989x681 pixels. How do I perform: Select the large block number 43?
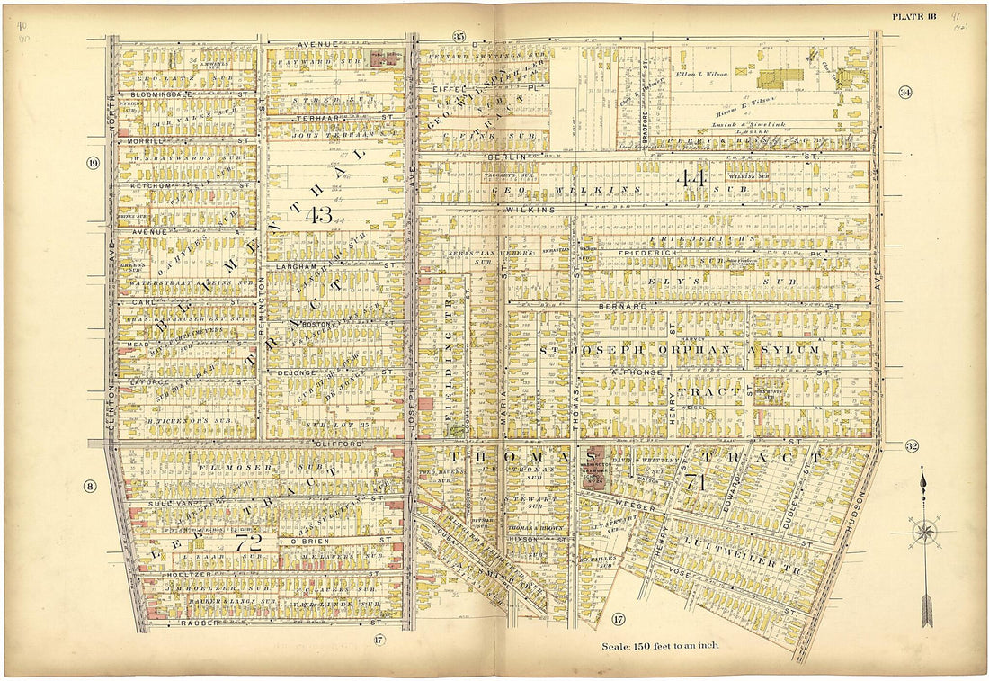point(318,214)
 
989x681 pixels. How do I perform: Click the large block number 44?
point(692,178)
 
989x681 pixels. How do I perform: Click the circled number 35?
point(459,36)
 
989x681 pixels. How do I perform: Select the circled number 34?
point(904,93)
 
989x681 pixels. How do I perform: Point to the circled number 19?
point(93,163)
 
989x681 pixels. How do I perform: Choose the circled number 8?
point(91,487)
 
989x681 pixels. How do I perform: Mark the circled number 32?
point(912,447)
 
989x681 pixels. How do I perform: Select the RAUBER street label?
point(200,623)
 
